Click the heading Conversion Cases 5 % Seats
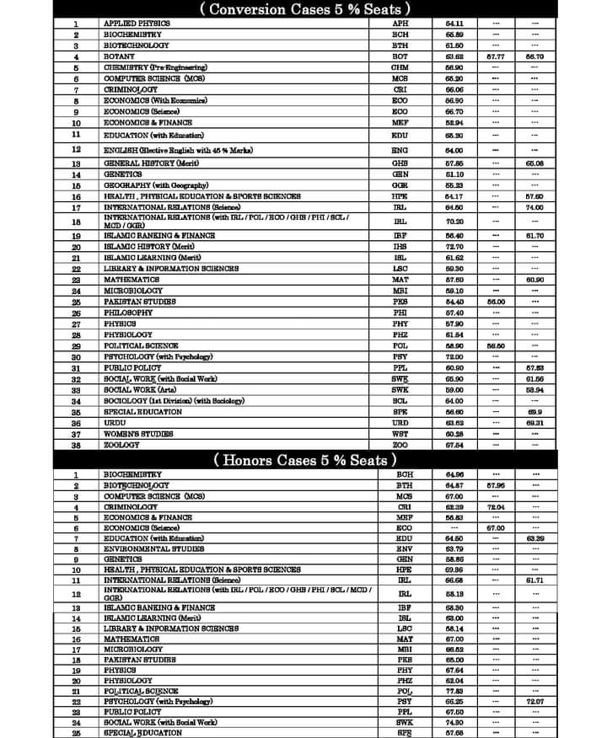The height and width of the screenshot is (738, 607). click(x=303, y=9)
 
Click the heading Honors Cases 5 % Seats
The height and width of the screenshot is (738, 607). click(x=303, y=460)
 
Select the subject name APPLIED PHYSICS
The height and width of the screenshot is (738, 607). click(x=137, y=23)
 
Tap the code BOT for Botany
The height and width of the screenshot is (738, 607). click(x=400, y=56)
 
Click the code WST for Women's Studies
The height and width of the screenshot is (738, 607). click(x=400, y=434)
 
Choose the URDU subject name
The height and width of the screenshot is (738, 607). click(x=115, y=423)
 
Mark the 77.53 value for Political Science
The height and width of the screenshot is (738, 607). click(x=454, y=690)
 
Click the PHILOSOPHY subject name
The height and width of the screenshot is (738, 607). click(x=128, y=313)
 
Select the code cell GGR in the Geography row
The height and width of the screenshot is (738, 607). click(x=400, y=184)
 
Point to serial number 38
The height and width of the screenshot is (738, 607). click(x=76, y=445)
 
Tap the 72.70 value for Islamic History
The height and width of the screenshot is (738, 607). click(x=454, y=247)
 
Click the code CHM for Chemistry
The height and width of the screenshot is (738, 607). click(x=400, y=67)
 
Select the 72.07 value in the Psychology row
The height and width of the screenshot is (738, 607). click(x=534, y=701)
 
